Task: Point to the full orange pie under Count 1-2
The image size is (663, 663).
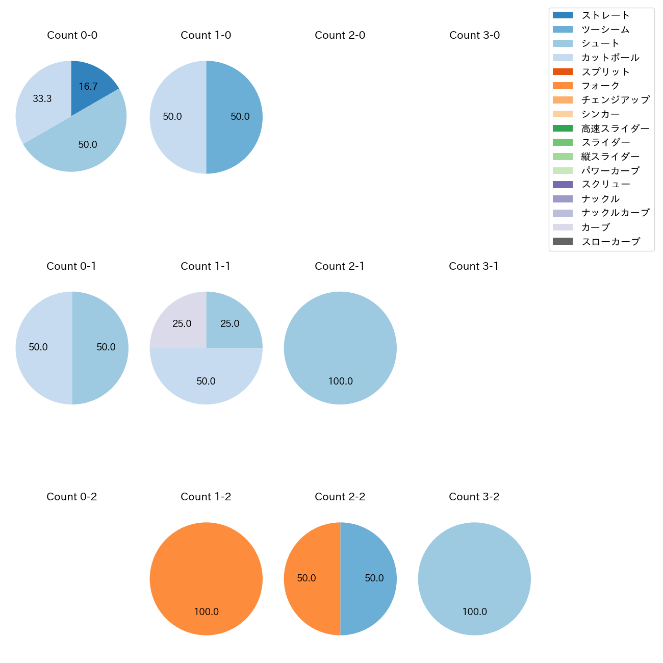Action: (x=206, y=578)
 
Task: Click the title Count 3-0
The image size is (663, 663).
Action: (x=474, y=35)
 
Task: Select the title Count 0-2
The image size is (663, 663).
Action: (x=72, y=497)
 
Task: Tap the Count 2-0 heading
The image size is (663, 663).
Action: (x=340, y=35)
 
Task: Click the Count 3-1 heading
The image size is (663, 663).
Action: (x=474, y=266)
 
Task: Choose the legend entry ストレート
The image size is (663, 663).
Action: (x=605, y=15)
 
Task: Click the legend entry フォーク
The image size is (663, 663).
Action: (x=600, y=86)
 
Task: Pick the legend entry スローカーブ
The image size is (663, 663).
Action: (x=610, y=242)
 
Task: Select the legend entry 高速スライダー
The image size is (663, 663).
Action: (x=615, y=129)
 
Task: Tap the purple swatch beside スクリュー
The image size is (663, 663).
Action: (x=563, y=185)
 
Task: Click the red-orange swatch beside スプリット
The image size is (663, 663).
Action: (x=563, y=72)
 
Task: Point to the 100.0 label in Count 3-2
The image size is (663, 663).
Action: (x=475, y=611)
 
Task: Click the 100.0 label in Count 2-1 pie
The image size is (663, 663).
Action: (x=341, y=381)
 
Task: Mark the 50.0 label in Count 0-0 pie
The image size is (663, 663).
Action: (x=88, y=145)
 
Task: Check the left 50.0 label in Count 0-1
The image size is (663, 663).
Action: (x=38, y=347)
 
